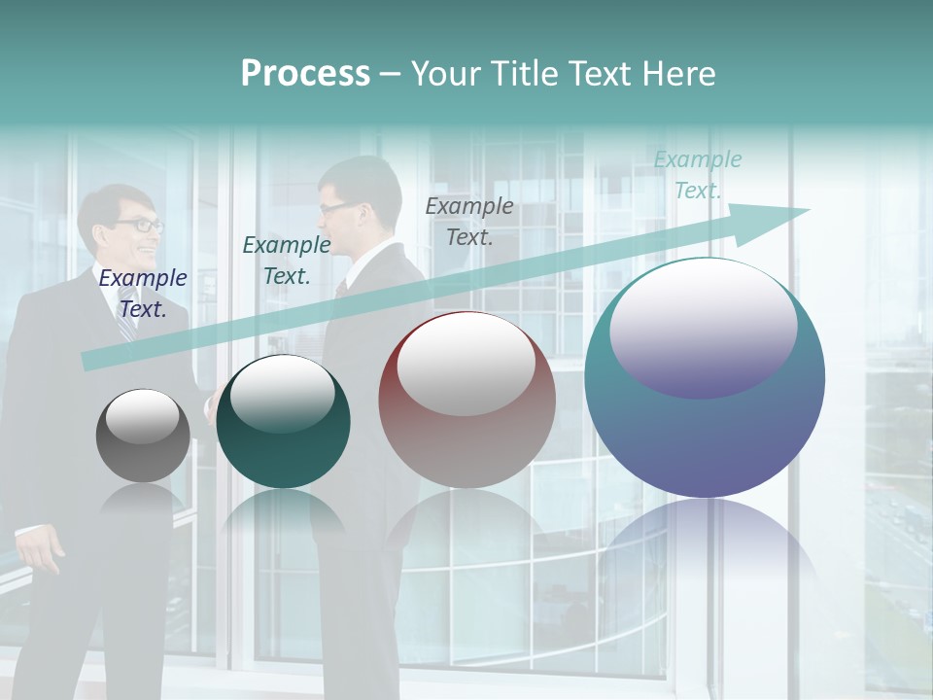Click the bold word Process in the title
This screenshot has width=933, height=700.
305,74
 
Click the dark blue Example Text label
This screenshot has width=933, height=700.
143,294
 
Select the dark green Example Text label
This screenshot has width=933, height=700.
287,261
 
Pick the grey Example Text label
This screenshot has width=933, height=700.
469,221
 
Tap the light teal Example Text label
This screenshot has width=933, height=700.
698,175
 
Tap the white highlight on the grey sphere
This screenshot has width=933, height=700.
142,416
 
